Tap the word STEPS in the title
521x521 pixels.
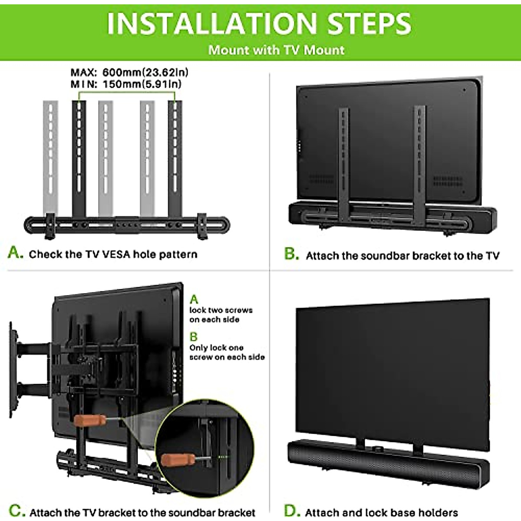click(x=369, y=23)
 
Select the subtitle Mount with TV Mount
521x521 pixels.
click(x=276, y=50)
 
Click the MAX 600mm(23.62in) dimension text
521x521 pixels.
click(x=129, y=72)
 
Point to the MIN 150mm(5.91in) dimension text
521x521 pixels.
click(x=126, y=84)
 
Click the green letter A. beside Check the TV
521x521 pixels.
click(x=16, y=252)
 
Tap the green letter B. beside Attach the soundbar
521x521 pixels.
click(x=291, y=254)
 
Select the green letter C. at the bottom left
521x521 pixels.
click(x=16, y=511)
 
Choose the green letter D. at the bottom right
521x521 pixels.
click(x=292, y=511)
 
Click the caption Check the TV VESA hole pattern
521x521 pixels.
click(x=113, y=254)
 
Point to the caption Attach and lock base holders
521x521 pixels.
click(x=381, y=512)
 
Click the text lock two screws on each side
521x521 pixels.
click(x=221, y=315)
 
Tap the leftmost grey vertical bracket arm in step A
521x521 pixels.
click(x=50, y=156)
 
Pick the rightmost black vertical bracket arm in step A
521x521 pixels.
click(x=175, y=156)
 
